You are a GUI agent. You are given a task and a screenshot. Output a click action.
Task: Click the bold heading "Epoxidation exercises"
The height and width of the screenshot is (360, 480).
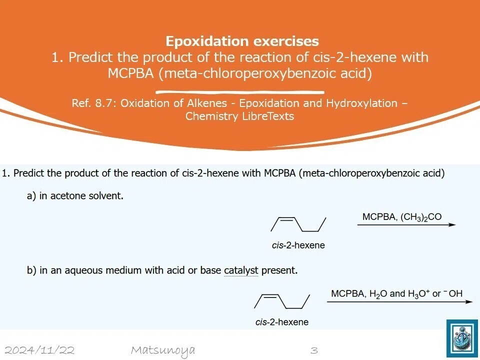242,41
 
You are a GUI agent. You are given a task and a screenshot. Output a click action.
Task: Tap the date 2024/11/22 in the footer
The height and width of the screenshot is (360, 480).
40,350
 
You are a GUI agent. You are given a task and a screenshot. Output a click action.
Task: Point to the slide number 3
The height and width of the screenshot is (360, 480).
314,350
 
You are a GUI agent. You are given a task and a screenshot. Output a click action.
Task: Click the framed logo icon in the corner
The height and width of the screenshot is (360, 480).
462,338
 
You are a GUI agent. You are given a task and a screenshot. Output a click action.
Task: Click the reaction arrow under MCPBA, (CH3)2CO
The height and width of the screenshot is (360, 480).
406,224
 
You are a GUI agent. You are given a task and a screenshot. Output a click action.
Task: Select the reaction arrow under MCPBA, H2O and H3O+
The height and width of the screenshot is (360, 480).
400,302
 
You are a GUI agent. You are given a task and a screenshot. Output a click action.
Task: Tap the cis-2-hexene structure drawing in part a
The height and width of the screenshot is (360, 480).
298,224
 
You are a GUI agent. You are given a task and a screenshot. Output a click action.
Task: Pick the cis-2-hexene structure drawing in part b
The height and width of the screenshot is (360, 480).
282,301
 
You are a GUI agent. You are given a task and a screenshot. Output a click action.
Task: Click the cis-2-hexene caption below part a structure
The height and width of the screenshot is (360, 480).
298,245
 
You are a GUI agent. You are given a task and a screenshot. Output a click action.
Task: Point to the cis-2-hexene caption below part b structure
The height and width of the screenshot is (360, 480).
282,322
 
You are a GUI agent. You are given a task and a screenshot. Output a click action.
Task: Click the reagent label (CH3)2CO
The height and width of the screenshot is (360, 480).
421,217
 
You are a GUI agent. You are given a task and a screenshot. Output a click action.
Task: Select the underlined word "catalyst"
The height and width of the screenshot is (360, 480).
241,270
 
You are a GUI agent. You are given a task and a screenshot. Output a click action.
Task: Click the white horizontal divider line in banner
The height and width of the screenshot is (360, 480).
240,92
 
